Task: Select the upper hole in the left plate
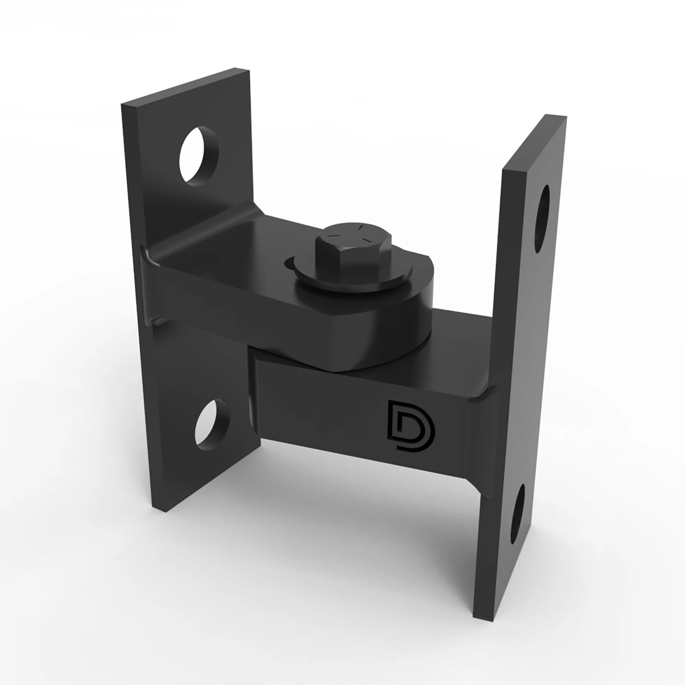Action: (x=199, y=155)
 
